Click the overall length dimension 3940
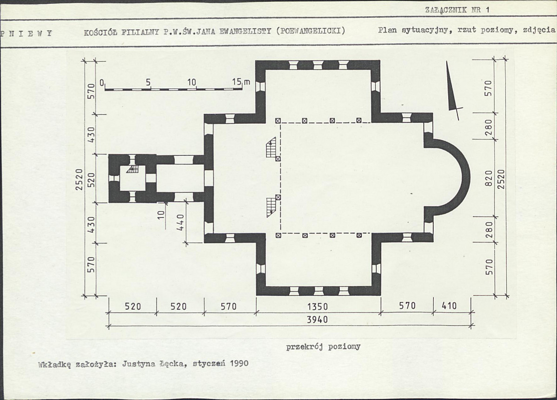[x=317, y=320]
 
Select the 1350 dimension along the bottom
[x=317, y=306]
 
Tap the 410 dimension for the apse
[x=449, y=306]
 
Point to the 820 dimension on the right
[x=489, y=178]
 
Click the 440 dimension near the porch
[x=181, y=222]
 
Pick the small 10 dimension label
[x=161, y=214]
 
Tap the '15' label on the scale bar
[x=237, y=82]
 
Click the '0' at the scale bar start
[x=102, y=83]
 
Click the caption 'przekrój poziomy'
[x=323, y=347]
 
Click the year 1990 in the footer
[x=239, y=363]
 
